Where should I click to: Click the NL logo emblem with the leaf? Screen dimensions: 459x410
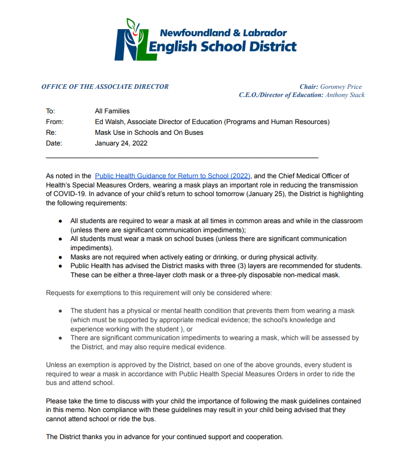coord(130,40)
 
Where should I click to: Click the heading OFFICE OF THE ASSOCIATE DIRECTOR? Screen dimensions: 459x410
coord(105,87)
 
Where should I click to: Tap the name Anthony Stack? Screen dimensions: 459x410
coord(345,95)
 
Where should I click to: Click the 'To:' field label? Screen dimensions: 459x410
coord(50,111)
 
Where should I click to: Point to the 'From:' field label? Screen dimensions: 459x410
coord(55,122)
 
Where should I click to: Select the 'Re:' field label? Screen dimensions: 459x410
coord(51,133)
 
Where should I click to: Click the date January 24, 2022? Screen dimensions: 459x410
coord(121,143)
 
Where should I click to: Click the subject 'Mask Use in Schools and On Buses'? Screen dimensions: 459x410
coord(149,133)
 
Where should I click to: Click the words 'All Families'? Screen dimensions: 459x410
coord(112,111)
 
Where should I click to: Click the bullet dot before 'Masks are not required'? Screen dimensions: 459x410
coord(60,257)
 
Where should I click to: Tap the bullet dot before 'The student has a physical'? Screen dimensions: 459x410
coord(60,311)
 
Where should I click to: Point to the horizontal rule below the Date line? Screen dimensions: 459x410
coord(182,157)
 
